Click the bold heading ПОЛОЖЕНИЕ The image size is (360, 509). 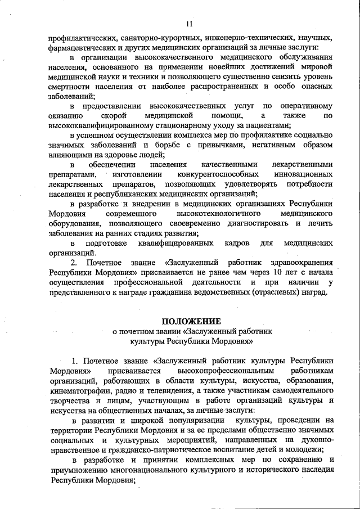(x=188, y=321)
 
